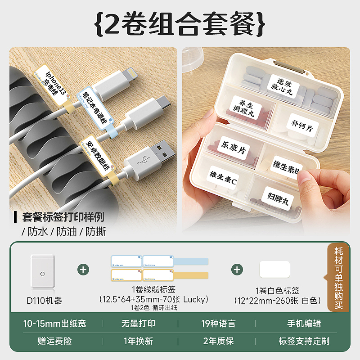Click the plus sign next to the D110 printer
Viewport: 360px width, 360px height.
pos(83,270)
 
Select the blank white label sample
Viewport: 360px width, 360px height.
pos(274,270)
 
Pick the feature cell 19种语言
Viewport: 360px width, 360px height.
pos(218,324)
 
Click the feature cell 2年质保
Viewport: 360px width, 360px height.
pos(218,341)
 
